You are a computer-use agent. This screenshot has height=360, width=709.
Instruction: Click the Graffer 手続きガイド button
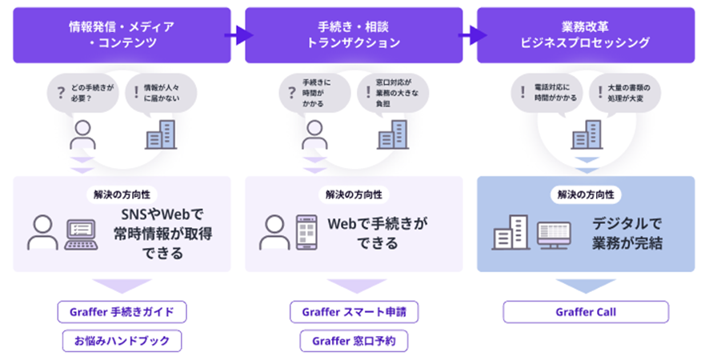click(122, 311)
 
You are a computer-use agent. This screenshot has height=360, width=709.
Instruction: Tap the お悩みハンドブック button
click(122, 341)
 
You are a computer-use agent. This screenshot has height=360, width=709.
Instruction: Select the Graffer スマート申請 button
click(354, 311)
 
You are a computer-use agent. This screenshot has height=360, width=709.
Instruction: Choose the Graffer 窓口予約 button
click(354, 341)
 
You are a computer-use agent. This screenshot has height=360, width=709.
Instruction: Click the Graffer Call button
click(585, 311)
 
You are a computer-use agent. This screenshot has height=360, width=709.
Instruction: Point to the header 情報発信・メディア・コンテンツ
click(122, 35)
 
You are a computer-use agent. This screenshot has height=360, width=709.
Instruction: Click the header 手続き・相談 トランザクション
click(354, 35)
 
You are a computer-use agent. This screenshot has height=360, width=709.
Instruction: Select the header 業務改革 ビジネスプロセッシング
click(585, 35)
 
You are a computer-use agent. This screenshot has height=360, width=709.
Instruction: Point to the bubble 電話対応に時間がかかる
click(547, 93)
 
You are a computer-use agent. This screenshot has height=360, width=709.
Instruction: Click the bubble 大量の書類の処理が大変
click(625, 93)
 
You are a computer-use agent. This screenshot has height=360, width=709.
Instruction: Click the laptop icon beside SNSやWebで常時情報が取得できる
click(81, 233)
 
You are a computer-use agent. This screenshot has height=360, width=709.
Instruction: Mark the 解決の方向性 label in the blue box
click(585, 194)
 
